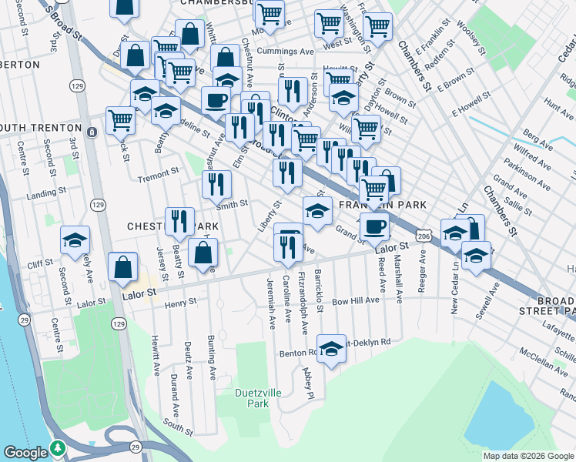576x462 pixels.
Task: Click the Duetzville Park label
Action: (252, 397)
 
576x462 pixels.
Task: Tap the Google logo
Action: (26, 453)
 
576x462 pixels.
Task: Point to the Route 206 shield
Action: (422, 237)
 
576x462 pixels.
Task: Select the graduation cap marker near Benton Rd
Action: (331, 349)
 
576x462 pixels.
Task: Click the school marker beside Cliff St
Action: (75, 240)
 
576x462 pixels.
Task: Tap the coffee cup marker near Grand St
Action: (375, 227)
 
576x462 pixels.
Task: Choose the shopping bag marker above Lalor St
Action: (124, 266)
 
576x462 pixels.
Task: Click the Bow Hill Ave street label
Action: (355, 301)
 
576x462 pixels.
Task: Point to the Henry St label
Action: (181, 305)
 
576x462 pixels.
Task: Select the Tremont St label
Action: (158, 176)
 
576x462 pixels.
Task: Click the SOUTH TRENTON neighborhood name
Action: (40, 127)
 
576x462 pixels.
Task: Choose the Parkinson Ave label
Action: (527, 176)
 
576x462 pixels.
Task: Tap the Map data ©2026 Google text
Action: (528, 456)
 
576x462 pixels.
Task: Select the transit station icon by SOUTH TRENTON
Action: (91, 132)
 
